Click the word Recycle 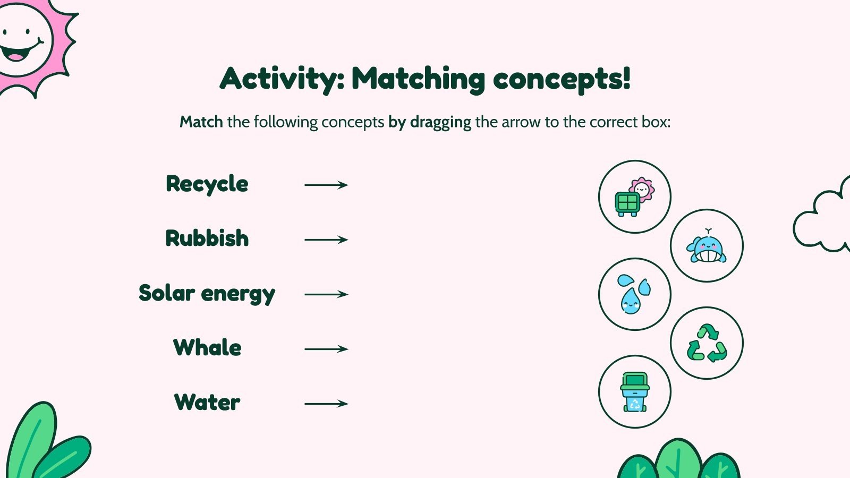[207, 184]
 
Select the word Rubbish [207, 238]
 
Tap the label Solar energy [207, 294]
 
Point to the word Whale [207, 348]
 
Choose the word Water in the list [207, 403]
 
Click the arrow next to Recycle [326, 185]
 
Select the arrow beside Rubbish [326, 240]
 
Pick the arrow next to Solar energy [326, 294]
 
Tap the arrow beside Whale [326, 349]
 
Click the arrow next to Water [326, 404]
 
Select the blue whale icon [706, 246]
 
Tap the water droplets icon [634, 294]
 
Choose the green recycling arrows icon [707, 343]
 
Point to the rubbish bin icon [634, 392]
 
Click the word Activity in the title [282, 79]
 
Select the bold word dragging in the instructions [440, 122]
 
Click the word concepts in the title [561, 80]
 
